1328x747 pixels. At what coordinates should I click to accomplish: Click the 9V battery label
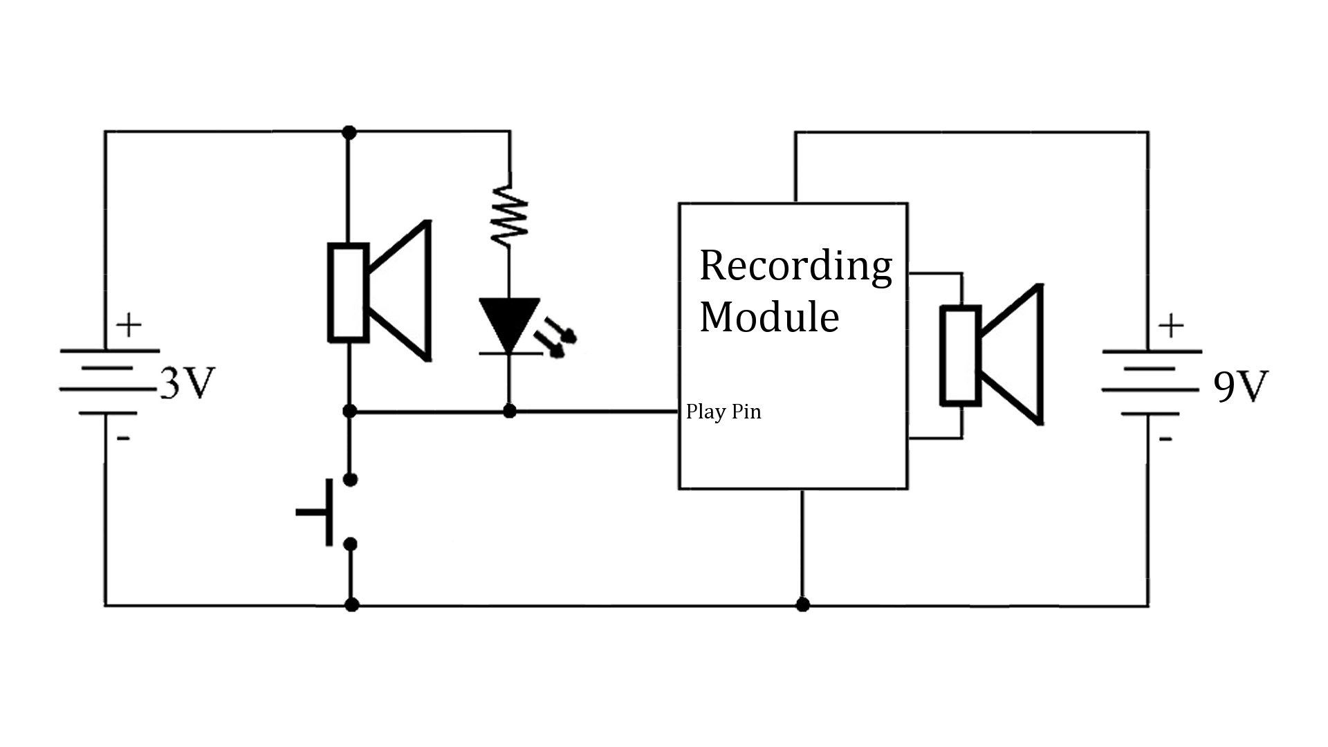pos(1241,387)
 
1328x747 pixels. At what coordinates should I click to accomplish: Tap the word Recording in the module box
pos(795,266)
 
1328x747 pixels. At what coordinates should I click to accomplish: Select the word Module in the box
pos(769,317)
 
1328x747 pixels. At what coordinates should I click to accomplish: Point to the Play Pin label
pos(723,412)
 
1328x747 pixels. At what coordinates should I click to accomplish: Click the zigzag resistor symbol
pos(510,214)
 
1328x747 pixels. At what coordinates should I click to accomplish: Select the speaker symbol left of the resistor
pos(379,291)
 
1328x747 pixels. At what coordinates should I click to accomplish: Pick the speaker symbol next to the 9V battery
pos(990,354)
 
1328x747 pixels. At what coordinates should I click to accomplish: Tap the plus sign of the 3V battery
pos(129,325)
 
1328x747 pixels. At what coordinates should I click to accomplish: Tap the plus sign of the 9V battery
pos(1171,325)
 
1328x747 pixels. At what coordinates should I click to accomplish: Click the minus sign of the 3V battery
pos(123,439)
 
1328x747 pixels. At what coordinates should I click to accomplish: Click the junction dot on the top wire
pos(349,131)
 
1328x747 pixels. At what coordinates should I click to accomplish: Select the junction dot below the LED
pos(510,412)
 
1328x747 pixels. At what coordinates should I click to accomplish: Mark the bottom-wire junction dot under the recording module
pos(802,605)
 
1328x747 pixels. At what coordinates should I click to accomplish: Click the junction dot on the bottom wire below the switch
pos(351,605)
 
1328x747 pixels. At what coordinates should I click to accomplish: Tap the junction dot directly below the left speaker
pos(349,412)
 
